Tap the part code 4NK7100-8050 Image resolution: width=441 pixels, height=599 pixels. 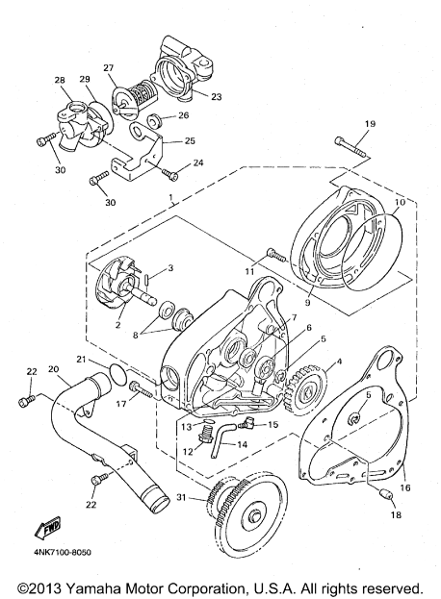(62, 553)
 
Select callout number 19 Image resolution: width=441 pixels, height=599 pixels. (370, 124)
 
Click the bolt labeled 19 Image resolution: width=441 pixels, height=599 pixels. (350, 147)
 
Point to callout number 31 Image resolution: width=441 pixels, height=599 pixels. (182, 497)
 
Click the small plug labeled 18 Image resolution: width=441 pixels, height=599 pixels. (387, 495)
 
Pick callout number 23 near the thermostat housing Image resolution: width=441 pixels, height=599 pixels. (216, 97)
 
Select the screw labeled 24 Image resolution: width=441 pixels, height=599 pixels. (170, 173)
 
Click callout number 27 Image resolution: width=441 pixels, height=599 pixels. (108, 67)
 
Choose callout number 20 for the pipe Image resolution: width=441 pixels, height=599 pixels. (55, 369)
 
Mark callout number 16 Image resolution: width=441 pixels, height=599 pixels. (405, 487)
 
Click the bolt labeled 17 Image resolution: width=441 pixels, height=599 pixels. (142, 389)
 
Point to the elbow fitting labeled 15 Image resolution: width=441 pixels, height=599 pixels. (246, 423)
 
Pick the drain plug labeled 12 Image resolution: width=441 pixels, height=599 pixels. (206, 435)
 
